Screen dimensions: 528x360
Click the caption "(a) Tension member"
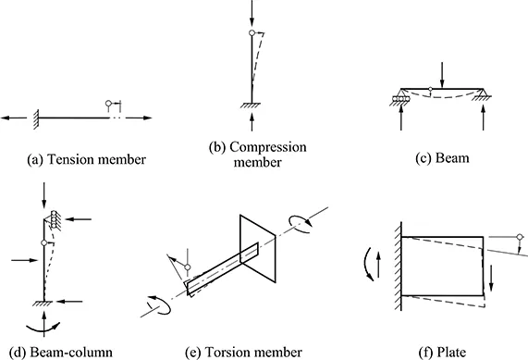point(86,159)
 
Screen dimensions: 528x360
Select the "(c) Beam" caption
point(442,157)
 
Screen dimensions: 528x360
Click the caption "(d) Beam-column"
point(61,353)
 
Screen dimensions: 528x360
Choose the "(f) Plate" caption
point(442,353)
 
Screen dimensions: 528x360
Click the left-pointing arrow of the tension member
point(14,118)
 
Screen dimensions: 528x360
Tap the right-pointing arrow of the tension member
point(140,118)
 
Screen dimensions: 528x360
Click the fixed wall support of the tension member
point(36,119)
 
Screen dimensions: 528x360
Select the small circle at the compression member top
point(252,32)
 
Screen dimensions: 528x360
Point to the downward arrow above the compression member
point(252,14)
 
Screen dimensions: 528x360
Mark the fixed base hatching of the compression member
point(251,106)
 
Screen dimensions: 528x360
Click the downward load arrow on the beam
point(443,75)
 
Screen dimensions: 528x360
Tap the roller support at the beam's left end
point(400,97)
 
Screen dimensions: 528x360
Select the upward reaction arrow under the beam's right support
point(484,118)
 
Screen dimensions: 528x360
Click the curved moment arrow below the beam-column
point(43,328)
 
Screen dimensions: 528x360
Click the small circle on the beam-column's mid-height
point(43,242)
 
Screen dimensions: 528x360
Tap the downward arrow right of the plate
point(491,278)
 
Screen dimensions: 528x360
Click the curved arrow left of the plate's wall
point(367,264)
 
